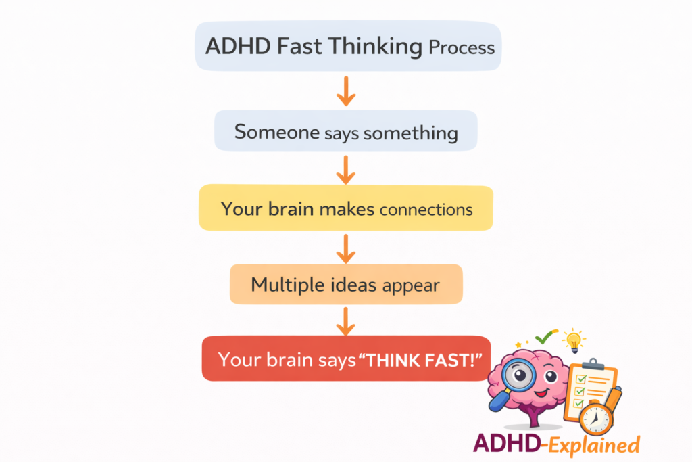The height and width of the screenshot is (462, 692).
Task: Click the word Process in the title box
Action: [462, 48]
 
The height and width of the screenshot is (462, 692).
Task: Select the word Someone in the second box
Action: [276, 132]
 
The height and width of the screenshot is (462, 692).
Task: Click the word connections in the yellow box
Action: [426, 209]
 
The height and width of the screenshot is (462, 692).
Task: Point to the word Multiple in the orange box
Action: [285, 285]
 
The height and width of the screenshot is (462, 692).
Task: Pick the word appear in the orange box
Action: [411, 285]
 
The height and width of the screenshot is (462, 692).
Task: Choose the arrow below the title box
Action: [346, 91]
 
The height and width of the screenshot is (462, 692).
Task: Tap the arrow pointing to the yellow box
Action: [346, 169]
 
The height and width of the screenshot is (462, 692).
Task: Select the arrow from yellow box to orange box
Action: [346, 248]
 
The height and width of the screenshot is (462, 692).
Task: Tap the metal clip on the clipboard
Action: [593, 363]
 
